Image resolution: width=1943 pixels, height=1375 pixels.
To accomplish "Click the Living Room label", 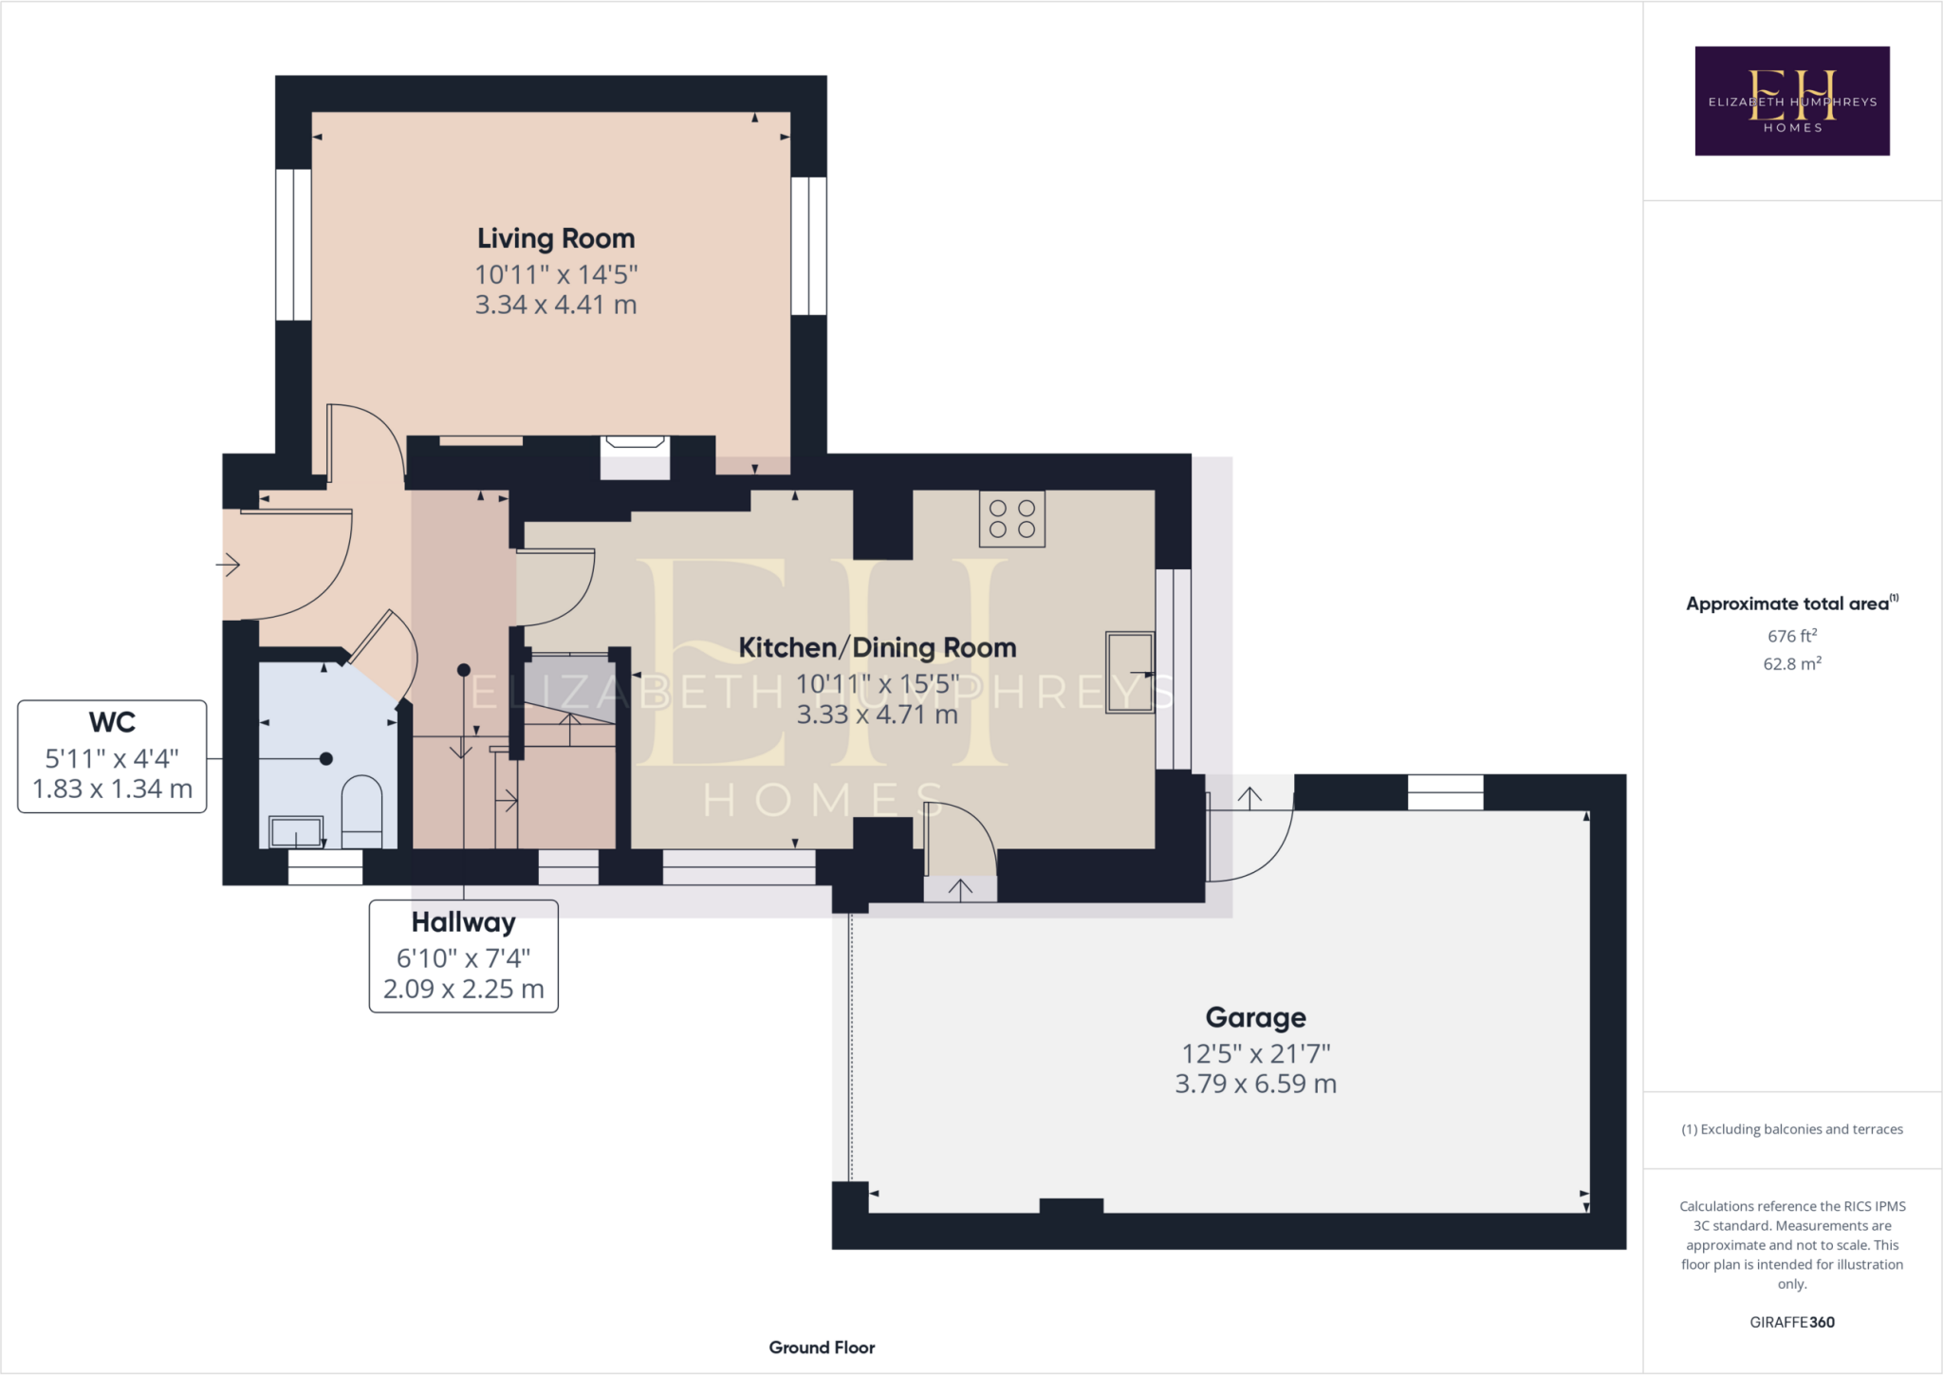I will (x=556, y=238).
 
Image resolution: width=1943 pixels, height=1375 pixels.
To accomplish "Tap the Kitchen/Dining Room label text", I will (x=877, y=648).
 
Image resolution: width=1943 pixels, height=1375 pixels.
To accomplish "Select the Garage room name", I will (x=1255, y=1017).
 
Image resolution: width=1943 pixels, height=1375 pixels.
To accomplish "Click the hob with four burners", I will (x=1012, y=519).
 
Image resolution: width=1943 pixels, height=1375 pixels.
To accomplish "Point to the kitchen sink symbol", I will (x=1130, y=672).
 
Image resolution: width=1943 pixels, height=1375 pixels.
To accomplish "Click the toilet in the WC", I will (x=361, y=809).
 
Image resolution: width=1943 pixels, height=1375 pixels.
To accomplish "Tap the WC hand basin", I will (x=296, y=832).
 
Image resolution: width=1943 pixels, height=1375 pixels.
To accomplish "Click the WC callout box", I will (x=112, y=756).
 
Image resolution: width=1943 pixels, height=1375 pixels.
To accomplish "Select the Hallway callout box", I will (x=463, y=956).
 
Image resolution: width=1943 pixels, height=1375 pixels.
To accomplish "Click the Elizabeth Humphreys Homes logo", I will (x=1791, y=101).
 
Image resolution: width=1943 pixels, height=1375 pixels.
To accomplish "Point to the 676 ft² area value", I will (x=1791, y=636).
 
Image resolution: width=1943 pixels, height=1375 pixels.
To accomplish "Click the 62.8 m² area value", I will (x=1791, y=663).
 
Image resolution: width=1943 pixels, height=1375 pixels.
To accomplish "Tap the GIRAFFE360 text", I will (x=1791, y=1322).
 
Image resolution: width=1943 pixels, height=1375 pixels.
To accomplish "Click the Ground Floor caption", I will (x=822, y=1347).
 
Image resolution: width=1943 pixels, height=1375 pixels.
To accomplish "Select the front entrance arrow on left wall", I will (x=228, y=566).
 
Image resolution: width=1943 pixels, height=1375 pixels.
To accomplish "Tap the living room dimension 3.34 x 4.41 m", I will (x=556, y=305).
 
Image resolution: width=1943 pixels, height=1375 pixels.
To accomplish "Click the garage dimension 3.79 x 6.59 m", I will (x=1255, y=1084).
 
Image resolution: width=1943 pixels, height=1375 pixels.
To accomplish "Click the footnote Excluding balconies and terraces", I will (x=1791, y=1129).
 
